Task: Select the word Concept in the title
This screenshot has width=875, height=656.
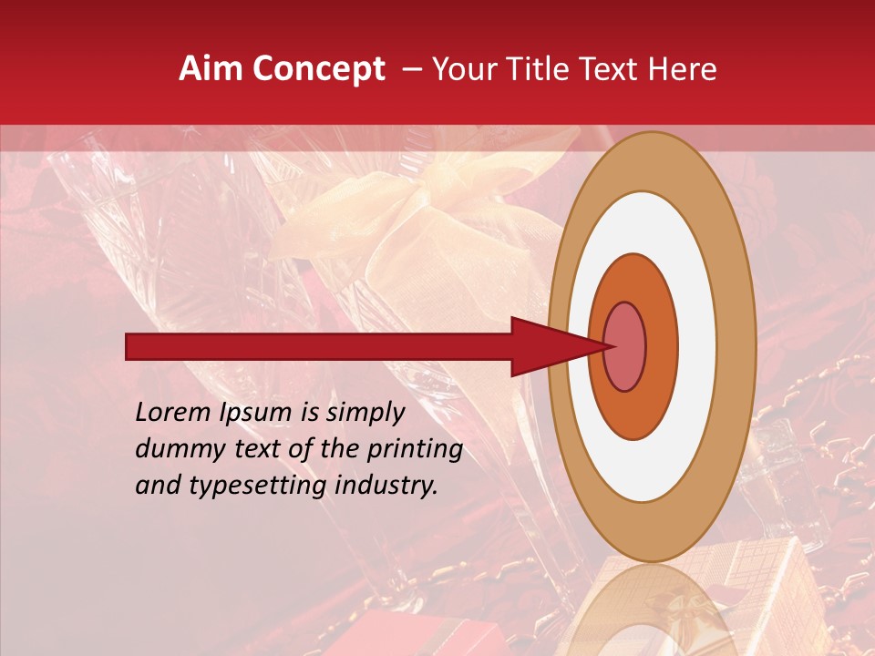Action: click(x=318, y=70)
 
